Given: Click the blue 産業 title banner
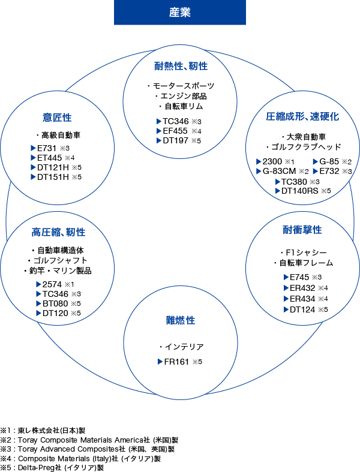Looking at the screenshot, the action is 180,13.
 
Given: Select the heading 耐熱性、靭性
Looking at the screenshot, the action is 181,66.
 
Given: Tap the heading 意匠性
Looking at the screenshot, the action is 57,118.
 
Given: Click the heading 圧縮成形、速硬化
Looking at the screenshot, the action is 302,116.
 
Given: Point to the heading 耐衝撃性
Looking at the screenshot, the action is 302,230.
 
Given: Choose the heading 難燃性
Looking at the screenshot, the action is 181,320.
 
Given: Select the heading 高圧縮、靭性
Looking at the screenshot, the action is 58,232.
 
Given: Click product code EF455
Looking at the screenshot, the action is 175,131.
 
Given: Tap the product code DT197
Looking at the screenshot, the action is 175,140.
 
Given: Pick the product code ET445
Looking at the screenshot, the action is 49,158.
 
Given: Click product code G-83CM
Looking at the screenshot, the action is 279,171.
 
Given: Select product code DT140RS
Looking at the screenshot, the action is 299,191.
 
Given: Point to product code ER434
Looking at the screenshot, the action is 302,299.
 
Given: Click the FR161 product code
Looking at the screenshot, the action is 176,362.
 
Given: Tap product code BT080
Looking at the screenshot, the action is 55,303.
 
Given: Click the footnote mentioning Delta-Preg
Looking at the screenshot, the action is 52,468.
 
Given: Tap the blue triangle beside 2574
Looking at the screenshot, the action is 38,284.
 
